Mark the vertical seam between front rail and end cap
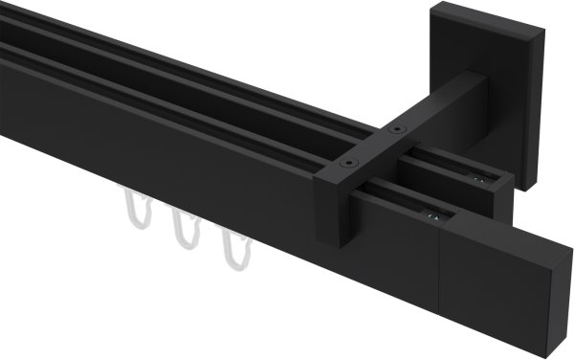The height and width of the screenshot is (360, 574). (438, 278)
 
